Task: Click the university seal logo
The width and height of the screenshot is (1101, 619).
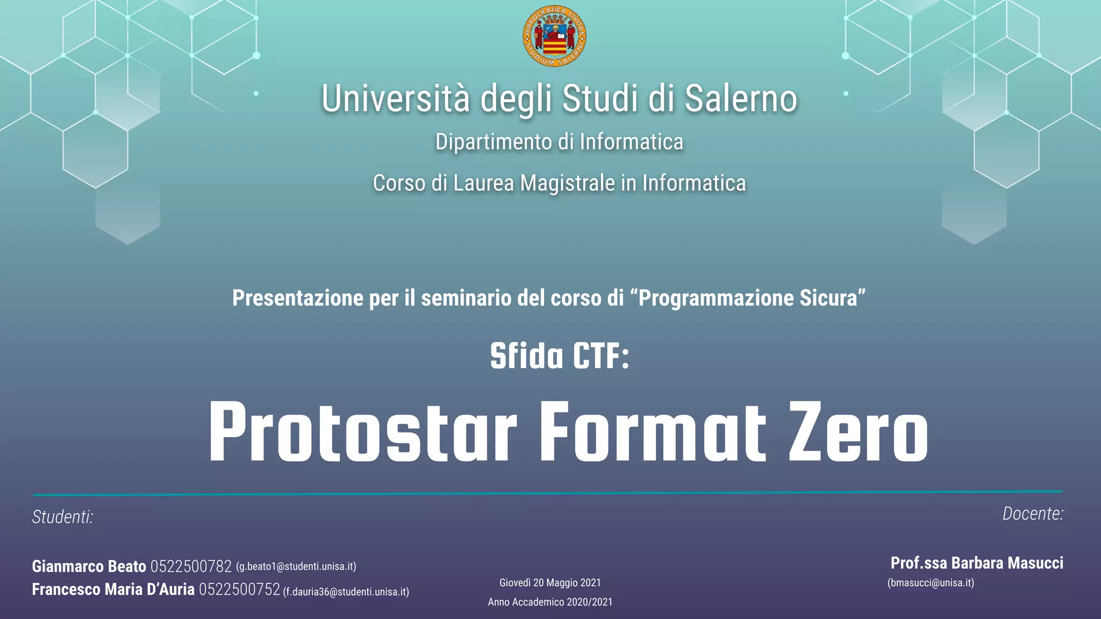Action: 554,37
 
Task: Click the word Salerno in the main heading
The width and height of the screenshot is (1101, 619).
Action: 740,99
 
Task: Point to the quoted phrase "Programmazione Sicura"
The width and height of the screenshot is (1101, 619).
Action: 752,298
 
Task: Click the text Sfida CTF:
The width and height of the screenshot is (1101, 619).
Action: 559,356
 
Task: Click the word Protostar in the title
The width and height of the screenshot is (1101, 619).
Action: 363,433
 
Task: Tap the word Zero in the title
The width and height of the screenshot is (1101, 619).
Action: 858,433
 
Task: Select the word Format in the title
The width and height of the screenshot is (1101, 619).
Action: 653,433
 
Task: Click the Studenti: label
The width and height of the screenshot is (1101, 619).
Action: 63,517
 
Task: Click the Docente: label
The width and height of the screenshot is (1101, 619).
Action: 1033,514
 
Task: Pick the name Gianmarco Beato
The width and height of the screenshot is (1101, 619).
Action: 89,566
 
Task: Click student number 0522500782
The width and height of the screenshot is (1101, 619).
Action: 191,566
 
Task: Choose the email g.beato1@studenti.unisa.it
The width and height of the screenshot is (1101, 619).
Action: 296,567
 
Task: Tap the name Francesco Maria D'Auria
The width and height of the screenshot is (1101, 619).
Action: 113,589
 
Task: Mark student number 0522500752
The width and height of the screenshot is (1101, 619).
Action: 239,589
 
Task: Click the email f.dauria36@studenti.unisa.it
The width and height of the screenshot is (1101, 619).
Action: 346,592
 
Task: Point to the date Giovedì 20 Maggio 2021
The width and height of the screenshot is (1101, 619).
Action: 550,583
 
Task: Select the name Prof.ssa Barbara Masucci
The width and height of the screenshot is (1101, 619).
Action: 977,563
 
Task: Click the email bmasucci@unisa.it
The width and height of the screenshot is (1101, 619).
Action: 931,583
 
